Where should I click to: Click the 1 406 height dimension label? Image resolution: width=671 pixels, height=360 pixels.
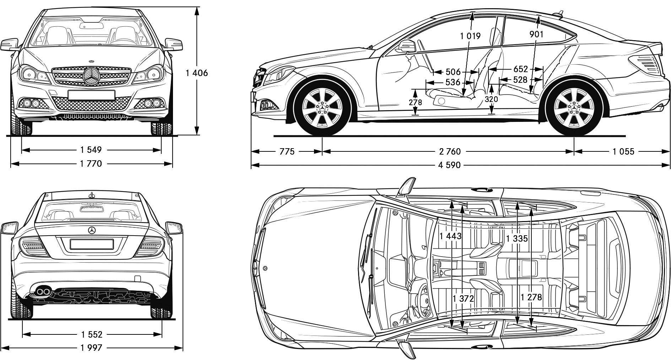(x=196, y=73)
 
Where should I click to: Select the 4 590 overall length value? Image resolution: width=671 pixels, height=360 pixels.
(x=450, y=165)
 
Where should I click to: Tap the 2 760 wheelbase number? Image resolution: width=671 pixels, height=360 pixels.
(x=450, y=152)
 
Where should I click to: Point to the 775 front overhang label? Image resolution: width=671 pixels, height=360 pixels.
(x=287, y=152)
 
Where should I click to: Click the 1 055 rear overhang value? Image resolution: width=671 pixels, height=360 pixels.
(x=623, y=152)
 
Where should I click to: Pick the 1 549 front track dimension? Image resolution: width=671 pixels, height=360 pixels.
(x=91, y=150)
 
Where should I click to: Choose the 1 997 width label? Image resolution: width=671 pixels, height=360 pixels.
(x=91, y=348)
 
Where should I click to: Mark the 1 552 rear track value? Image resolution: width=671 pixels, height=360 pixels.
(x=91, y=334)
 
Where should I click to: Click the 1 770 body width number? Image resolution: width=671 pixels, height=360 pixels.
(x=91, y=163)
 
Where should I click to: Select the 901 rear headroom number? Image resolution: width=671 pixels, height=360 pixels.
(x=536, y=34)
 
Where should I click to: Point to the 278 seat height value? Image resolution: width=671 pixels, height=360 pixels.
(x=415, y=102)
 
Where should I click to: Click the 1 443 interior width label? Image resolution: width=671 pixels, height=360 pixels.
(x=450, y=236)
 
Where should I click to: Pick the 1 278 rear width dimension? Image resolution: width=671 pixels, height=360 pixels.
(x=531, y=297)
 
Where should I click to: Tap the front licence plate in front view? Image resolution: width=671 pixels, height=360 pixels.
(x=91, y=95)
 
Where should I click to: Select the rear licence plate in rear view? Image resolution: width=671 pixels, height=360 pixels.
(x=92, y=244)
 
